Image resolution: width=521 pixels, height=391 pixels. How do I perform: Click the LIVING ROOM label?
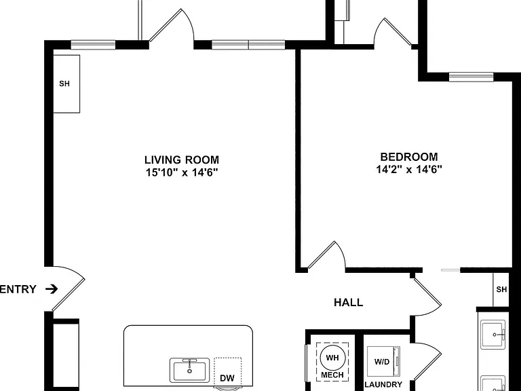182,160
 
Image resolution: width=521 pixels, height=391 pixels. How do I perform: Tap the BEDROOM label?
409,157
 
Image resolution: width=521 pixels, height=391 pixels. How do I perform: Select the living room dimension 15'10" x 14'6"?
182,172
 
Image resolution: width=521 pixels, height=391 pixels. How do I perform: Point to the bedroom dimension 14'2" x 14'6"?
409,170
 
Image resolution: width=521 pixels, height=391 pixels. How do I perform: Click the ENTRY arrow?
52,289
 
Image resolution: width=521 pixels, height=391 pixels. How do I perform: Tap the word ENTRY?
18,289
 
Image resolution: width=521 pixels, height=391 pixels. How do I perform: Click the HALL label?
349,303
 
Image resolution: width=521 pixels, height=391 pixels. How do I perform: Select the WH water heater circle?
332,358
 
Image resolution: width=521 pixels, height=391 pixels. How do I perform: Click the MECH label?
332,375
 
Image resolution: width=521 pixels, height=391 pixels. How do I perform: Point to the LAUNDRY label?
383,385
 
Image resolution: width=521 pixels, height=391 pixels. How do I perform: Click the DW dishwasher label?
227,378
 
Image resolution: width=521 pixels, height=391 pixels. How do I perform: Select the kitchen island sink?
189,370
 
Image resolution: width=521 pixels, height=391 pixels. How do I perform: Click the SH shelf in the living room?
66,83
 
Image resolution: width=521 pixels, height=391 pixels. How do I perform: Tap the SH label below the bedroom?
501,290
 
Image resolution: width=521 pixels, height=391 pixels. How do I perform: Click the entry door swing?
69,288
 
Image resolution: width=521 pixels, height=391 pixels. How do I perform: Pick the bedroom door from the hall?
327,255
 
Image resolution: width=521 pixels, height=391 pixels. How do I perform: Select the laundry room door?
427,361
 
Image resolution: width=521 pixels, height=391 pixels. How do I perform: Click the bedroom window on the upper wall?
471,77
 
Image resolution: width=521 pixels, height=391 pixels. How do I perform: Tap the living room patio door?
172,29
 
